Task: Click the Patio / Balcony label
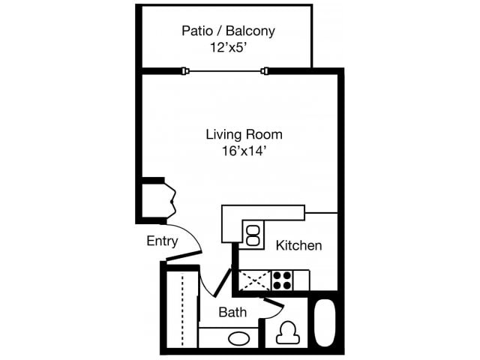[x=229, y=31]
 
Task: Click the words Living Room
[x=244, y=135]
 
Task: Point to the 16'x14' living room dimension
[x=244, y=150]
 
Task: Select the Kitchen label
[x=299, y=245]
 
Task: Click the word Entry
[x=162, y=241]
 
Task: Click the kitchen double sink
[x=254, y=234]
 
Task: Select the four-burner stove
[x=282, y=280]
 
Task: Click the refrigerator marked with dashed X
[x=255, y=280]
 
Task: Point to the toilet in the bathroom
[x=286, y=331]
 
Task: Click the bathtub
[x=325, y=323]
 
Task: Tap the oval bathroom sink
[x=239, y=338]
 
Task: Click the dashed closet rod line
[x=182, y=309]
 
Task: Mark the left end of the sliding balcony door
[x=184, y=71]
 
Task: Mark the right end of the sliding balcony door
[x=265, y=71]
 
